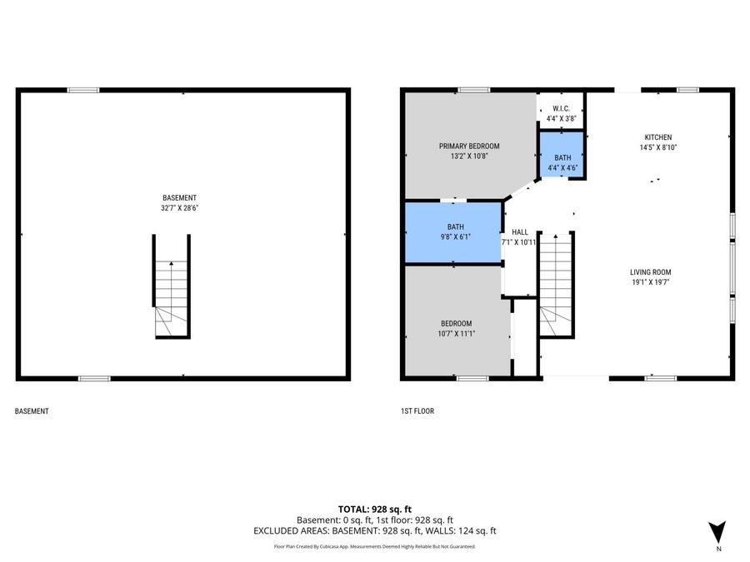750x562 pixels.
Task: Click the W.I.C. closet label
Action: coord(561,108)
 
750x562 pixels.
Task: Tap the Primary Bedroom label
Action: coord(469,147)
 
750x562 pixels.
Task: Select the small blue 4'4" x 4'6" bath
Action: coord(562,155)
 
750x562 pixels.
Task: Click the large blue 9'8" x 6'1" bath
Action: coord(453,232)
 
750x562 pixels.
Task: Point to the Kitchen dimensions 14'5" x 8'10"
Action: coord(658,147)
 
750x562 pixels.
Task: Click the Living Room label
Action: coord(651,272)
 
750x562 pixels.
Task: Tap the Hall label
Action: coord(520,232)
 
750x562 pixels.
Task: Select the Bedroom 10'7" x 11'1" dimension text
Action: coord(457,334)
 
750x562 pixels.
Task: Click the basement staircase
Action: coord(171,286)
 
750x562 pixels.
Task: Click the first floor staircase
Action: coord(556,285)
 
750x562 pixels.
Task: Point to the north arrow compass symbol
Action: coord(717,532)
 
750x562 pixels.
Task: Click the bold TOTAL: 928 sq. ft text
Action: coord(374,510)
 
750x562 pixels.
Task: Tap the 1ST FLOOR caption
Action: coord(417,411)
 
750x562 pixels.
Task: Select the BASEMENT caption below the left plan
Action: coord(32,411)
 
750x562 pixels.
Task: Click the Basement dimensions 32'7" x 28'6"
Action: coord(179,208)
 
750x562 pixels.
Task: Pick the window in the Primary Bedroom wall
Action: coord(473,90)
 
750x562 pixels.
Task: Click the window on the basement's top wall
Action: coord(82,90)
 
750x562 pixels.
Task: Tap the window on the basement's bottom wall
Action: coord(94,379)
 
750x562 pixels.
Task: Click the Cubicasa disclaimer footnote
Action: coord(374,546)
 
